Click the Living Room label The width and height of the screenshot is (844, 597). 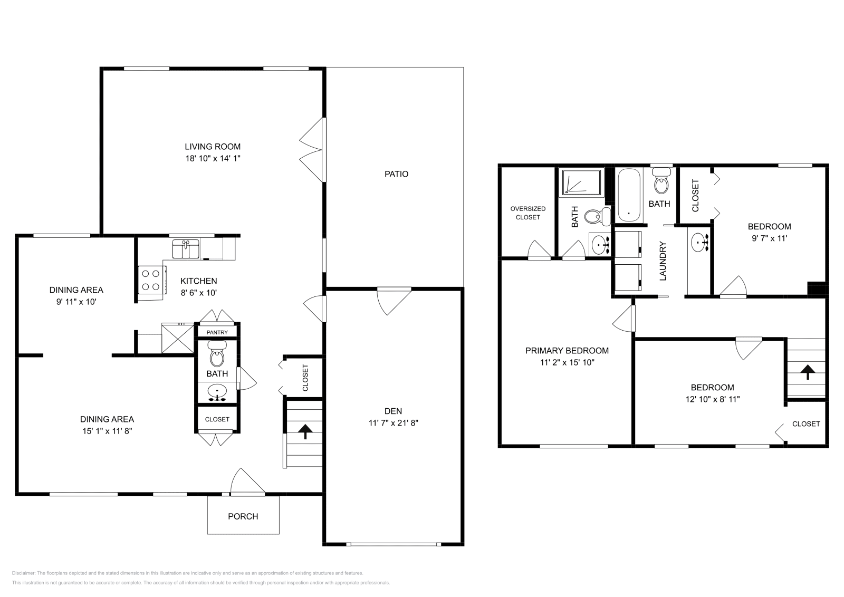(x=213, y=147)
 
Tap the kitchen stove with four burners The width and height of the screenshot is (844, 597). (x=149, y=280)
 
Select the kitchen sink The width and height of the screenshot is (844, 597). (x=186, y=249)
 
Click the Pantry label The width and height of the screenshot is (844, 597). (x=217, y=332)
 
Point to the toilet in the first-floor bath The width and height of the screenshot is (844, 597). (x=217, y=355)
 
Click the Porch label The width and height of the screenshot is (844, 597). (x=243, y=516)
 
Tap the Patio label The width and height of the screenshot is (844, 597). (x=396, y=174)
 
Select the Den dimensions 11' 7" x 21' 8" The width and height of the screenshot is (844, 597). (x=393, y=423)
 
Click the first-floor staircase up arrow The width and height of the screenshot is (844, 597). (x=304, y=431)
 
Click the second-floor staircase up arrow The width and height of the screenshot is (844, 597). (x=807, y=372)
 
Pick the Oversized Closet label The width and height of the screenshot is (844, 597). (x=527, y=213)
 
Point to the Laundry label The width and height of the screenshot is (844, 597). (x=663, y=261)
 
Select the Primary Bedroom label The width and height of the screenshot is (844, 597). (x=567, y=351)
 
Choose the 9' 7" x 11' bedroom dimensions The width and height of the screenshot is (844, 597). (x=769, y=238)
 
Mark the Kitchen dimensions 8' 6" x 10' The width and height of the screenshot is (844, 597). (x=198, y=293)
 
